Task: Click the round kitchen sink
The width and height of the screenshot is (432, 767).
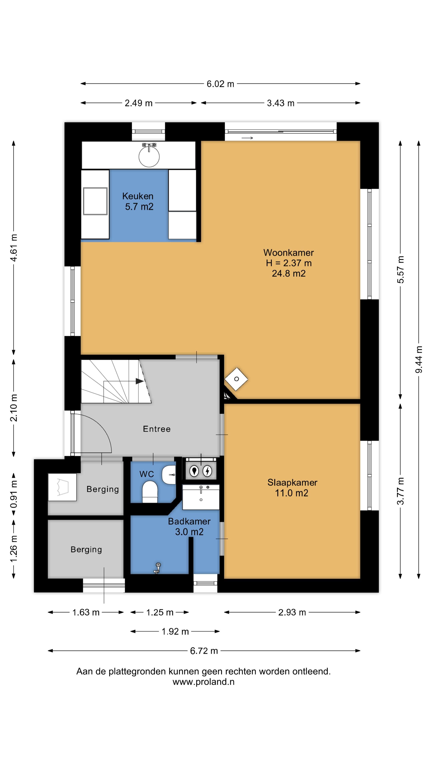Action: pyautogui.click(x=149, y=156)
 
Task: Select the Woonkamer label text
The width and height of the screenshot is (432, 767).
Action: pyautogui.click(x=289, y=253)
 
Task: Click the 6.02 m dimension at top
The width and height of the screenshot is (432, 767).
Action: pyautogui.click(x=220, y=84)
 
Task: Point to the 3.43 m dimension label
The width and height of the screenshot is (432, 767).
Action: pyautogui.click(x=281, y=103)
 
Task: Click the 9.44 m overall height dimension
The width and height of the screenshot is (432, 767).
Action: pyautogui.click(x=419, y=359)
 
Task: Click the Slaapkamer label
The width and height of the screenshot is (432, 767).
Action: pyautogui.click(x=292, y=483)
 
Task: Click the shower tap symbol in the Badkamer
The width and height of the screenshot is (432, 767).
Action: pyautogui.click(x=157, y=568)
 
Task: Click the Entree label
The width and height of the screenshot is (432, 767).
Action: pyautogui.click(x=157, y=429)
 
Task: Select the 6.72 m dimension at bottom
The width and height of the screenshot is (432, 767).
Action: pyautogui.click(x=204, y=651)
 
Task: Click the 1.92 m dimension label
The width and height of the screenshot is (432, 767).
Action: pyautogui.click(x=175, y=632)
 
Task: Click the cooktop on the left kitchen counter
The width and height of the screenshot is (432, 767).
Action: pyautogui.click(x=95, y=201)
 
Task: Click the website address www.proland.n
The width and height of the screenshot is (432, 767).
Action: pyautogui.click(x=204, y=682)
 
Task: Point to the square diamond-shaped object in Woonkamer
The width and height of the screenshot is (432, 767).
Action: pyautogui.click(x=236, y=379)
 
